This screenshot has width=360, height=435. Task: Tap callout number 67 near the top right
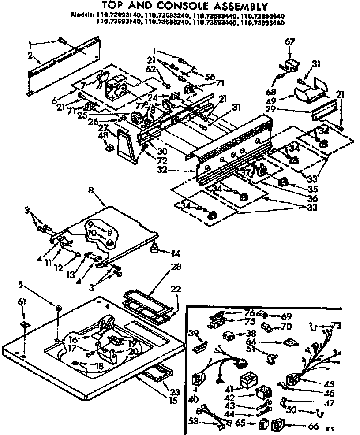pyautogui.click(x=289, y=43)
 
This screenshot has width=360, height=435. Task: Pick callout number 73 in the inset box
pyautogui.click(x=336, y=326)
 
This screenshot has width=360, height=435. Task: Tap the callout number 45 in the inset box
pyautogui.click(x=329, y=384)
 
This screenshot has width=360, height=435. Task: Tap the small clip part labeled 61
pyautogui.click(x=24, y=325)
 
